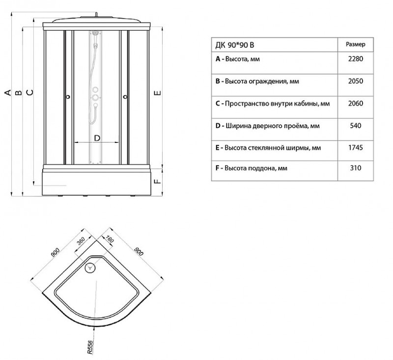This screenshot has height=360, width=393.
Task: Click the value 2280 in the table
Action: (x=355, y=59)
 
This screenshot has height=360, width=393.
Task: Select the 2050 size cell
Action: (x=355, y=81)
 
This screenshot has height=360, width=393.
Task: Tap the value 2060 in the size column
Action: (x=355, y=104)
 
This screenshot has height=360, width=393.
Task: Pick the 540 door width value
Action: (x=355, y=126)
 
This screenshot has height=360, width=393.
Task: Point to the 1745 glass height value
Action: (x=355, y=147)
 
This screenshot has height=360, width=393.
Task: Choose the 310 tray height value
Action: (x=355, y=168)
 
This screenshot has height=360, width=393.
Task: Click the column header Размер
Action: (x=355, y=45)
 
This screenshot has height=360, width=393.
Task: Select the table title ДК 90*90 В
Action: (x=235, y=45)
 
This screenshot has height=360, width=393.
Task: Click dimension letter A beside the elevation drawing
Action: (x=8, y=92)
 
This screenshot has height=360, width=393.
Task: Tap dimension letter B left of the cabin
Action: (x=19, y=93)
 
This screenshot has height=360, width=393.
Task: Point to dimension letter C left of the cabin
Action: (x=29, y=92)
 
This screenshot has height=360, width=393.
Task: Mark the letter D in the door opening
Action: (x=97, y=138)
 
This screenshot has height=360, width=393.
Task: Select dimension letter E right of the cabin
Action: (x=157, y=93)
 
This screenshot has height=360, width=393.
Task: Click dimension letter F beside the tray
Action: (x=157, y=181)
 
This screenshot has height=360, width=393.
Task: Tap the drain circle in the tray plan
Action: (x=90, y=268)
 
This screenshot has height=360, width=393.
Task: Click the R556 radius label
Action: (x=90, y=347)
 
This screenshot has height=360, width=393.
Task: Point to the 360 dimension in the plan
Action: (x=81, y=241)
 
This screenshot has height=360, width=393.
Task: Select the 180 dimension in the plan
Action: (x=110, y=239)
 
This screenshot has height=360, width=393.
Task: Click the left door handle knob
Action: (x=68, y=97)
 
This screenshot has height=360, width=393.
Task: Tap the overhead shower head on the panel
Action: (x=95, y=32)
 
